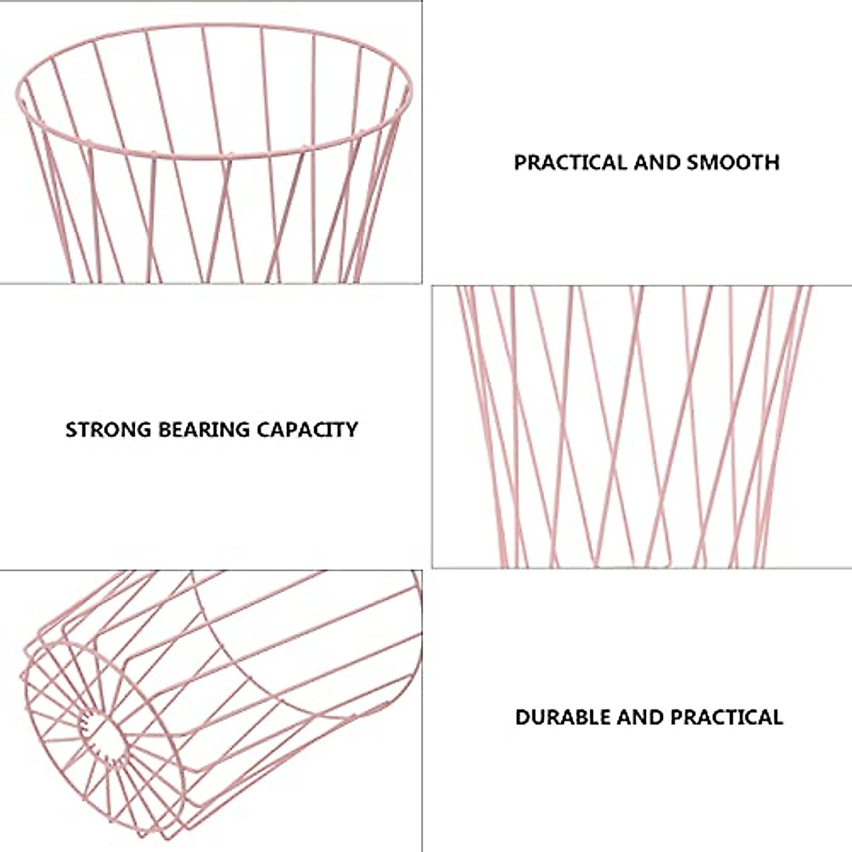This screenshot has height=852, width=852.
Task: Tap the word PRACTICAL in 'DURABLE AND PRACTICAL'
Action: click(x=727, y=717)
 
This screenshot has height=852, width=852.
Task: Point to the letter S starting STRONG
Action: click(x=71, y=430)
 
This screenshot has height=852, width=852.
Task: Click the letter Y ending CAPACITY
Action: click(x=351, y=430)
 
